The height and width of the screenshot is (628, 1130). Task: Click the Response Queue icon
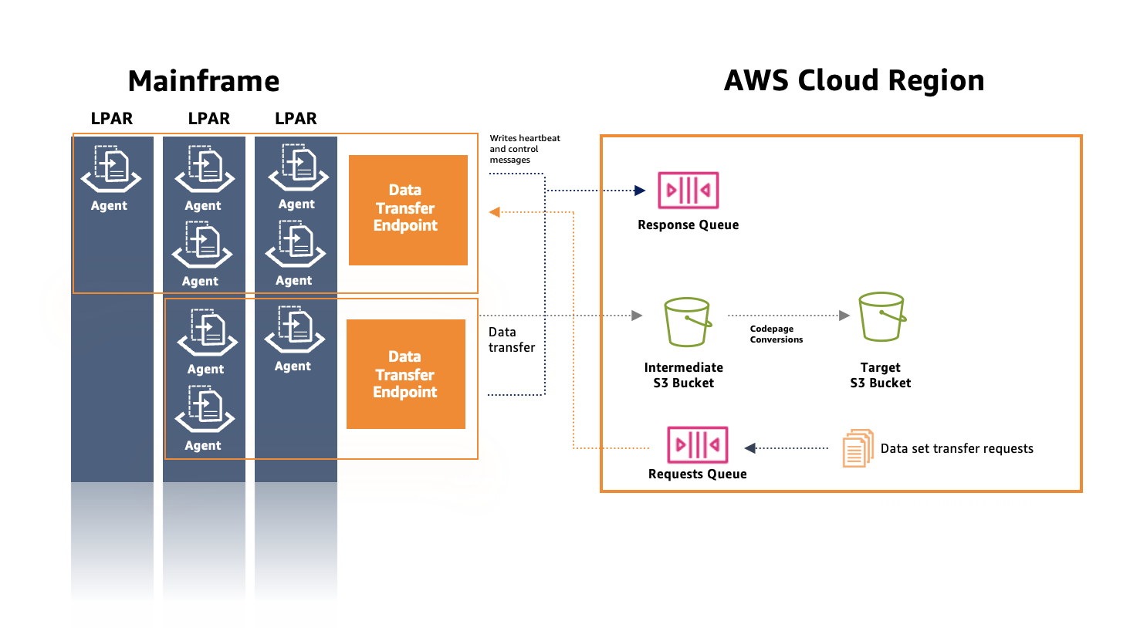(x=688, y=191)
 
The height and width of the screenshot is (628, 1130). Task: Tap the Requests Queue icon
(x=697, y=444)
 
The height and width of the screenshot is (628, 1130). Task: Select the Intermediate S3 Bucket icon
(x=687, y=322)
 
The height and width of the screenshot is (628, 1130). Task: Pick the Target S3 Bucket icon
(x=881, y=317)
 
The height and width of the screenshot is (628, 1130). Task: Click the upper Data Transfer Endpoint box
(x=408, y=209)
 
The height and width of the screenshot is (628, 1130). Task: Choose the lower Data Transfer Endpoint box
(x=405, y=374)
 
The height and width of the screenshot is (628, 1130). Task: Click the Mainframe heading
(x=204, y=81)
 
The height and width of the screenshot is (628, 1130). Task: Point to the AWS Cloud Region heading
(x=854, y=80)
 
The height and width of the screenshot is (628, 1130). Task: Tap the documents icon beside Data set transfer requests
(x=858, y=448)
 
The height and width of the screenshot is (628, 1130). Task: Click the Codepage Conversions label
(x=776, y=334)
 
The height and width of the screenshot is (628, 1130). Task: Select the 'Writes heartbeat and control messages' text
(x=524, y=149)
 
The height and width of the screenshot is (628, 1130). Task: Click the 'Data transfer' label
(x=511, y=339)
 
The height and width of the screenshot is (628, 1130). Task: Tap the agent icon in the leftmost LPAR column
(x=111, y=169)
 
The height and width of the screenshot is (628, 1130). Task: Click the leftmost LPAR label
(x=112, y=119)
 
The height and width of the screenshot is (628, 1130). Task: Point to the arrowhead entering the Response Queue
(x=639, y=191)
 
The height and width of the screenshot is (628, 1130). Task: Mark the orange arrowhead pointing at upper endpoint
(x=495, y=212)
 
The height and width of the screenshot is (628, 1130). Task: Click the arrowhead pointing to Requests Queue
(x=749, y=448)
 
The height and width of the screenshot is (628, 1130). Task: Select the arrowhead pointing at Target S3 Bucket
(x=844, y=316)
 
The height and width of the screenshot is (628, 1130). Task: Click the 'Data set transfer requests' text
(x=956, y=449)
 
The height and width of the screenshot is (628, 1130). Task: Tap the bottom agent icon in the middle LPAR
(x=205, y=409)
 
